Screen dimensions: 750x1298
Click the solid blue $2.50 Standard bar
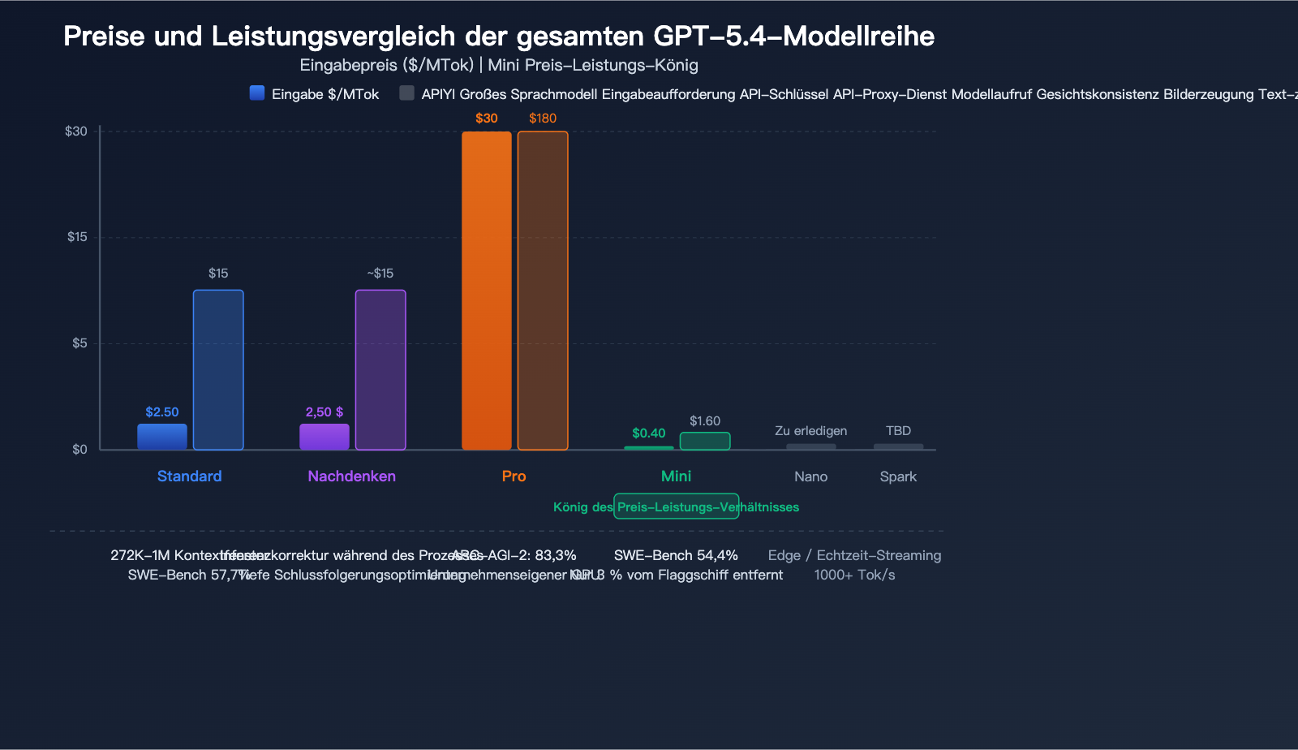coord(162,437)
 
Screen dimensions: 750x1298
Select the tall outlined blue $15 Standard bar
coord(218,369)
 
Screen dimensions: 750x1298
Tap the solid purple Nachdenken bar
coord(324,437)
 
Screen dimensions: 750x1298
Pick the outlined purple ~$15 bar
coord(380,369)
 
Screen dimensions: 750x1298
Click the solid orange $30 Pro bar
coord(487,291)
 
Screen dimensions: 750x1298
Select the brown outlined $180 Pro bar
coord(543,291)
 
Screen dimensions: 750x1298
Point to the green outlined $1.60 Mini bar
coord(705,441)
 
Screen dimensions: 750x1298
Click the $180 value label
coord(543,119)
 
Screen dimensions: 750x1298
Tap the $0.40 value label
coord(649,433)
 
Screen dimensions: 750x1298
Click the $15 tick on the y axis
coord(77,237)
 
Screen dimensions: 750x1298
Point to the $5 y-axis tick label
coord(80,343)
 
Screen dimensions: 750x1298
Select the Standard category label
coord(189,476)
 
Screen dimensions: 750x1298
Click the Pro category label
coord(514,476)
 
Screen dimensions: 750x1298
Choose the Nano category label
coord(811,476)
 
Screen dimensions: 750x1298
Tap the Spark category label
coord(898,476)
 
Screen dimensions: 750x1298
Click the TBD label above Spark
coord(898,431)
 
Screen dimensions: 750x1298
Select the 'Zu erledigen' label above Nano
coord(811,431)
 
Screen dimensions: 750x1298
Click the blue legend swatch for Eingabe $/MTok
coord(257,93)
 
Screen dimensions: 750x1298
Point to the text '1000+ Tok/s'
coord(854,575)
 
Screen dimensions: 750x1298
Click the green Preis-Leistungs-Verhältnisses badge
coord(676,506)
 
